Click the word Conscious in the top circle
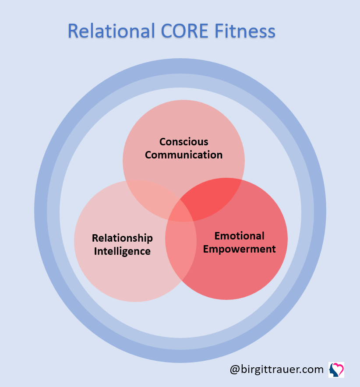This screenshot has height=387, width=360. [184, 142]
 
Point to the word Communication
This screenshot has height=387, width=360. [184, 155]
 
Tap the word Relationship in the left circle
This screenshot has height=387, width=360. [122, 238]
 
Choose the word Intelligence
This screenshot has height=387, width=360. [122, 251]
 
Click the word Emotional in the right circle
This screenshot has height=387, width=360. [239, 236]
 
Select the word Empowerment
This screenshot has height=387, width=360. [239, 249]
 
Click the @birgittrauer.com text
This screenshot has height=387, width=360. [276, 369]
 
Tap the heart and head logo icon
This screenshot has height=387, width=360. [336, 369]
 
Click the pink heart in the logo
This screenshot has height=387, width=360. [338, 367]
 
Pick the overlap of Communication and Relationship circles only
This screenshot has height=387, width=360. [149, 195]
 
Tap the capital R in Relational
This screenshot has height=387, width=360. [74, 32]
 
